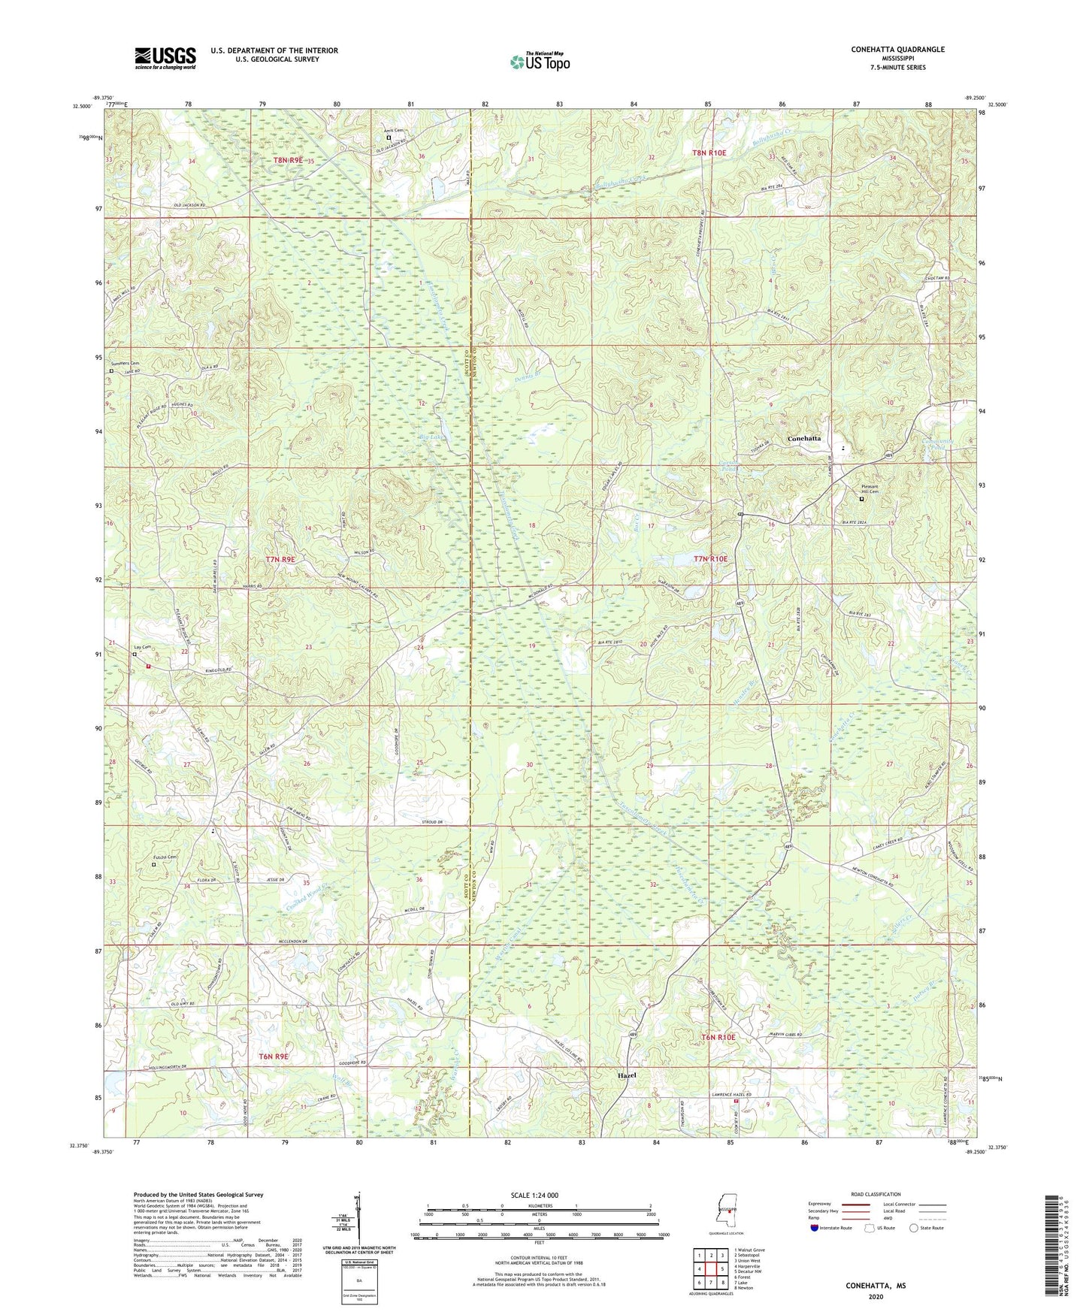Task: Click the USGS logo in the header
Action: tap(165, 58)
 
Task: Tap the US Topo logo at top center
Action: tap(539, 62)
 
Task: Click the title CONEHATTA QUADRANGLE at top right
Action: tap(897, 50)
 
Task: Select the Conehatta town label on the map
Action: tap(803, 438)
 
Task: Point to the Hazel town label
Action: tap(626, 1075)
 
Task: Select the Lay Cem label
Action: tap(142, 647)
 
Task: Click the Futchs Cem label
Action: tap(165, 857)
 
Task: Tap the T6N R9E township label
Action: tap(274, 1057)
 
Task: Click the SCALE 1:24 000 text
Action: tap(534, 1195)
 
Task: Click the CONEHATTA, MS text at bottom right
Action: tap(876, 1286)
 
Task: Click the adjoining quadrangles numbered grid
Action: tap(711, 1269)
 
